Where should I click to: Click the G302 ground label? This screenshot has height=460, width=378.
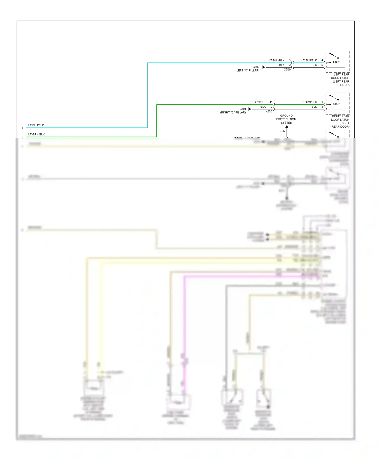point(256,67)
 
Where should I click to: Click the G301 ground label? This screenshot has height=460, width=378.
point(243,109)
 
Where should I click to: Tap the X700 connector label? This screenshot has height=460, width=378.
point(287,70)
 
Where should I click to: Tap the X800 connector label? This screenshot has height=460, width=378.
point(269,111)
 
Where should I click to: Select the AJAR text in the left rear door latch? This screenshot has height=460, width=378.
point(336,62)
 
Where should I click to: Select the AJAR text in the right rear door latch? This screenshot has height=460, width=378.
point(336,104)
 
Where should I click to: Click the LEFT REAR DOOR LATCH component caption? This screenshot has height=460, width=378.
point(340,80)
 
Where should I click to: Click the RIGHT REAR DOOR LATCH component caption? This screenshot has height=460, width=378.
point(340,121)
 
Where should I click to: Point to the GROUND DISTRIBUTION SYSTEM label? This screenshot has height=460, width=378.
point(286,119)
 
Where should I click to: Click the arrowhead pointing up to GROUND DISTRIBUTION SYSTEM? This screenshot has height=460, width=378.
point(287,127)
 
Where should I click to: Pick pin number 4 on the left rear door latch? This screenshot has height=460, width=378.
point(322,60)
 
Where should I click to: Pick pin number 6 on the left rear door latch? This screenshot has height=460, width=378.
point(322,65)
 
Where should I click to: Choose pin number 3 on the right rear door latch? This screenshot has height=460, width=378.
point(322,107)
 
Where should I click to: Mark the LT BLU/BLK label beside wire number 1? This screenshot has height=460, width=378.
point(36,125)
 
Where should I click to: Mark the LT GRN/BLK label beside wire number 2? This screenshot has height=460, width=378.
point(36,134)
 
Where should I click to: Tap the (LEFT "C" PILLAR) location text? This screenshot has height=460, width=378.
point(247,70)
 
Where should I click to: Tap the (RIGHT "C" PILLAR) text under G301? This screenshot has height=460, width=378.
point(233,112)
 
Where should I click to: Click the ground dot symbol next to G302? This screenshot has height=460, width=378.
point(263,67)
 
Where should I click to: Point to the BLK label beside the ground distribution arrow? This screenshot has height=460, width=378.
point(282,131)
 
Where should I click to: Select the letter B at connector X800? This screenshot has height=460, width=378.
point(271,102)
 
